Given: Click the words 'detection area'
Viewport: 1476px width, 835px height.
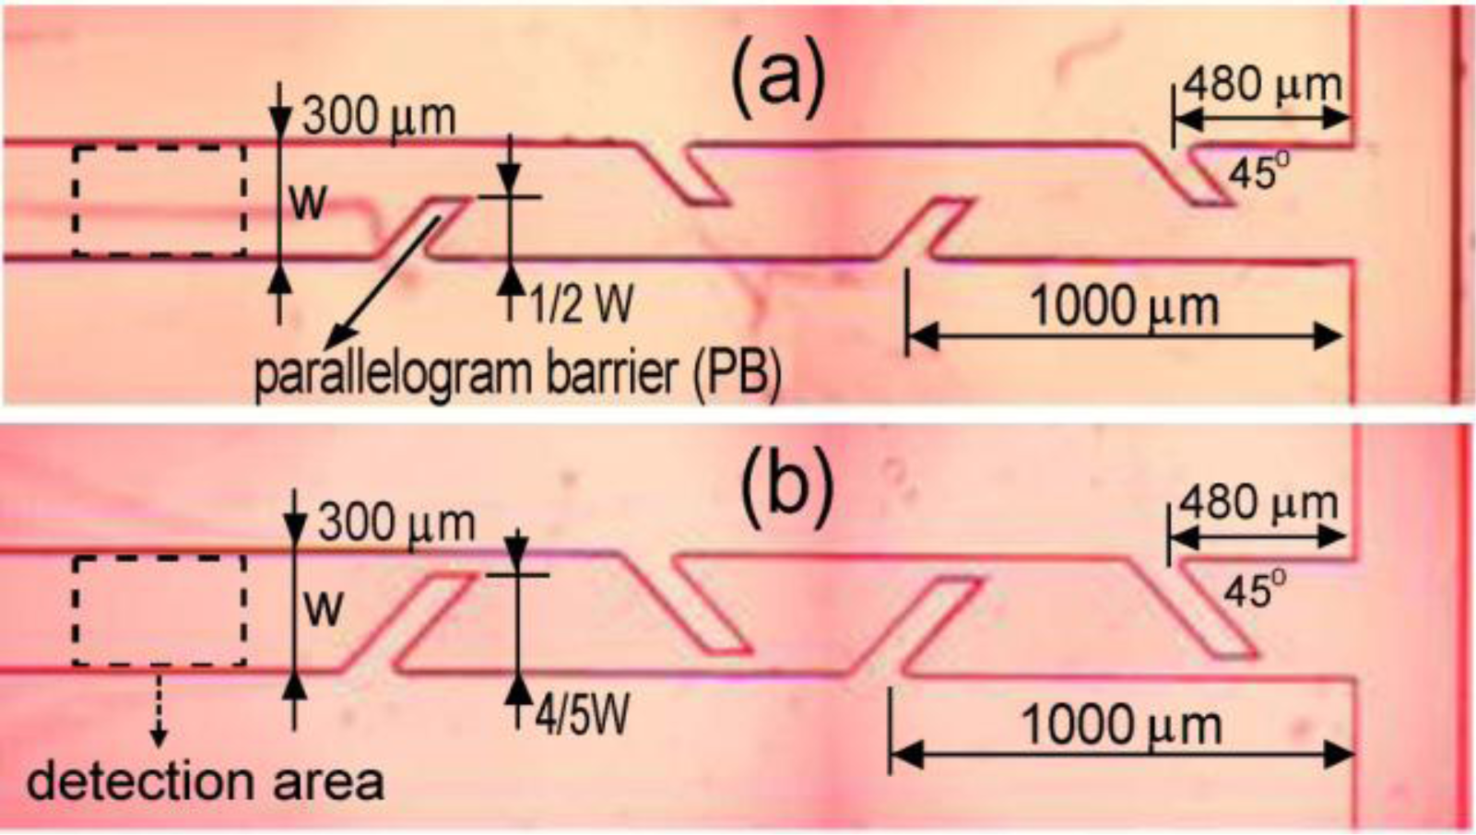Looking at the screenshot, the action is (205, 782).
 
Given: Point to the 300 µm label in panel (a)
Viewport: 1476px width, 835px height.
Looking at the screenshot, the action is (379, 117).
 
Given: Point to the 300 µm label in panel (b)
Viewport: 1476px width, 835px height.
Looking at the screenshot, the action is (396, 524).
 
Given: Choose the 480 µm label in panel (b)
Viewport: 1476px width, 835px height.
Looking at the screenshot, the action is (1258, 503).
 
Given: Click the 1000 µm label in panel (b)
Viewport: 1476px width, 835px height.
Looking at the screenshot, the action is (1121, 725).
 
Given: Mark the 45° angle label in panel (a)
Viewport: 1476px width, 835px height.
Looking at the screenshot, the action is (1255, 173).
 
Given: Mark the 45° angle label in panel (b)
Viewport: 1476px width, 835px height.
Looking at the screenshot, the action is (1254, 590).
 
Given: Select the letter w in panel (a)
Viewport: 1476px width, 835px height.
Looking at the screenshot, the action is (308, 202).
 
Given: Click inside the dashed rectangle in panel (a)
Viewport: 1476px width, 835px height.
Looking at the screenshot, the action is (159, 201).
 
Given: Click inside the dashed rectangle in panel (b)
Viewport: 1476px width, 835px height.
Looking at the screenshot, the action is (159, 610).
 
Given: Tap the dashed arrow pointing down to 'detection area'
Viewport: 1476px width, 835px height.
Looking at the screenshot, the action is (159, 710).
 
